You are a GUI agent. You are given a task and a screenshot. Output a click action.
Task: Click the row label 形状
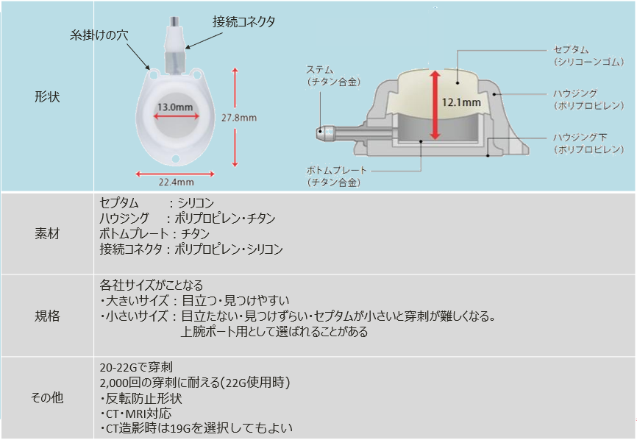click(46, 96)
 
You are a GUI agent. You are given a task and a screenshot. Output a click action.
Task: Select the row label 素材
click(46, 233)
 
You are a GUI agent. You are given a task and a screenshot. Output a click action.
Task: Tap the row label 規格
click(46, 316)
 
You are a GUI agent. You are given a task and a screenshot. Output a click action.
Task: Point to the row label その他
click(46, 397)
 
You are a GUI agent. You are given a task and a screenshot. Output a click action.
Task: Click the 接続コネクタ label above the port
click(244, 22)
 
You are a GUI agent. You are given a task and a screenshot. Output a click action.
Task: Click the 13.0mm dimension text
click(175, 107)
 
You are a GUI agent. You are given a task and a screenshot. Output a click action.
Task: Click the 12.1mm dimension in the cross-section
click(462, 102)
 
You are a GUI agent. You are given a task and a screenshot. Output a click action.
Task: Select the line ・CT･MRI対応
click(140, 414)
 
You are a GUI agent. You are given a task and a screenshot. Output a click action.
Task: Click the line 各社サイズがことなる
click(151, 285)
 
